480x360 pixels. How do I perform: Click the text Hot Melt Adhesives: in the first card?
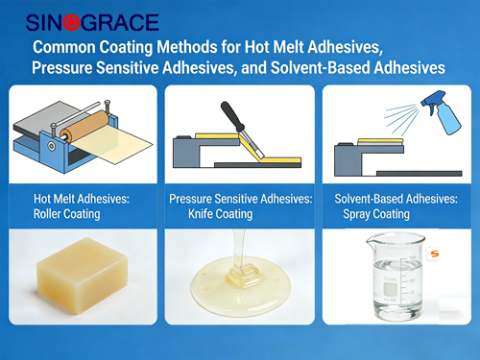(x=82, y=199)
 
